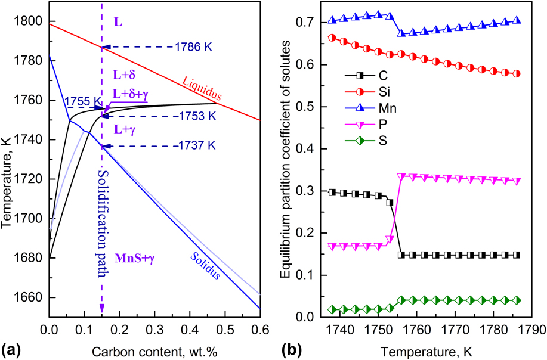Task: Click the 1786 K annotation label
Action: coord(195,46)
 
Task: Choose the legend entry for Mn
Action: coord(385,108)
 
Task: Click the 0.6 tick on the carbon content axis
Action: coord(358,328)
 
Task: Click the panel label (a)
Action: coord(10,347)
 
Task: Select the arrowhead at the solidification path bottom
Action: coord(102,308)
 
